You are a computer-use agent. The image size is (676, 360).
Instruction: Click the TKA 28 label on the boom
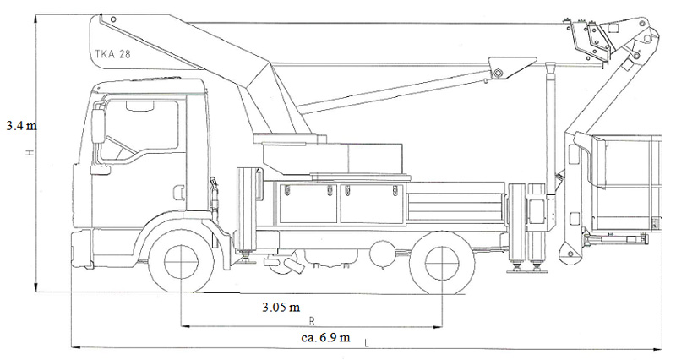pyautogui.click(x=112, y=54)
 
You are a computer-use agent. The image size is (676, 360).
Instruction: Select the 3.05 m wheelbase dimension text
pyautogui.click(x=281, y=307)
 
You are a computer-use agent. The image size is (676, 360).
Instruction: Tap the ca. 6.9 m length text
pyautogui.click(x=325, y=336)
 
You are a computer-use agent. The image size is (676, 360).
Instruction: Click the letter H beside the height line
pyautogui.click(x=29, y=153)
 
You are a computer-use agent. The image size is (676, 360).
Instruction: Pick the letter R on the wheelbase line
pyautogui.click(x=312, y=321)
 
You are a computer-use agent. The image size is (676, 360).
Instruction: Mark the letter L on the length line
pyautogui.click(x=367, y=344)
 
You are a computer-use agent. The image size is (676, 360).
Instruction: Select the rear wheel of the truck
pyautogui.click(x=442, y=264)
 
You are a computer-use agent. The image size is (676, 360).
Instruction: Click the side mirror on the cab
pyautogui.click(x=98, y=126)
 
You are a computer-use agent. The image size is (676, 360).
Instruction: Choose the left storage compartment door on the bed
pyautogui.click(x=308, y=203)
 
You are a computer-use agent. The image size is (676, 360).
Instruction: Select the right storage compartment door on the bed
pyautogui.click(x=372, y=203)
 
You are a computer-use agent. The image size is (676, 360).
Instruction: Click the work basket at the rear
pyautogui.click(x=626, y=183)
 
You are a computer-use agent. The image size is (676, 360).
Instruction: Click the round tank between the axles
pyautogui.click(x=381, y=251)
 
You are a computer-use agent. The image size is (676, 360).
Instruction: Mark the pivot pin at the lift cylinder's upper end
pyautogui.click(x=499, y=73)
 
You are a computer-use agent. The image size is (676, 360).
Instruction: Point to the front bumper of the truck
pyautogui.click(x=82, y=249)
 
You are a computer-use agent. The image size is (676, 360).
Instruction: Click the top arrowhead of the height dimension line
pyautogui.click(x=37, y=18)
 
